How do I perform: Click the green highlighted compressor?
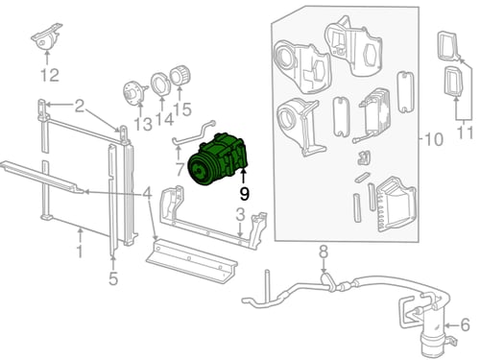[x=218, y=158]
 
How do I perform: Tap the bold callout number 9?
[x=244, y=194]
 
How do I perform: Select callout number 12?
[x=50, y=75]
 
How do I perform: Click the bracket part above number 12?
[x=46, y=36]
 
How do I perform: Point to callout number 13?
[x=142, y=124]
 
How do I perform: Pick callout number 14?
[x=164, y=119]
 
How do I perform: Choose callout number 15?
[x=182, y=109]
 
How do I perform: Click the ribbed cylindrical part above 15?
[x=180, y=76]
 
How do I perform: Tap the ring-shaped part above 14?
[x=160, y=84]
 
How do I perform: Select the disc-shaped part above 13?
[x=134, y=92]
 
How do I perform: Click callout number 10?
[x=434, y=139]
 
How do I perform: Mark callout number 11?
[x=465, y=132]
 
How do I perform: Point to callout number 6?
[x=465, y=325]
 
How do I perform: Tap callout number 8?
[x=324, y=252]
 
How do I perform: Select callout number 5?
[x=113, y=278]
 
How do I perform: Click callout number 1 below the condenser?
[x=80, y=252]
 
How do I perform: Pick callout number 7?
[x=180, y=170]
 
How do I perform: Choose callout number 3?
[x=240, y=214]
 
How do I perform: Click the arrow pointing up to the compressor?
[x=243, y=178]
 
